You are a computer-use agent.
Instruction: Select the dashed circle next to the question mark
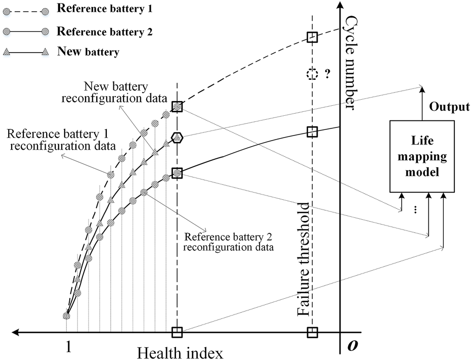point(312,74)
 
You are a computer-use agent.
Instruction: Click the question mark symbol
point(327,74)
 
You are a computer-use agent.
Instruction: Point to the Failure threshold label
point(303,259)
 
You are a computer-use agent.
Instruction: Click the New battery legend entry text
point(89,51)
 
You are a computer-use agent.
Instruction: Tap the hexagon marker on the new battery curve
point(177,137)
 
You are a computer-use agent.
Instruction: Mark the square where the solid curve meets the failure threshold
point(312,132)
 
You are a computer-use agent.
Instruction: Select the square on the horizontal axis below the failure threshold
point(312,332)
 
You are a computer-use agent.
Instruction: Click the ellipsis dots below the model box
point(415,210)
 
